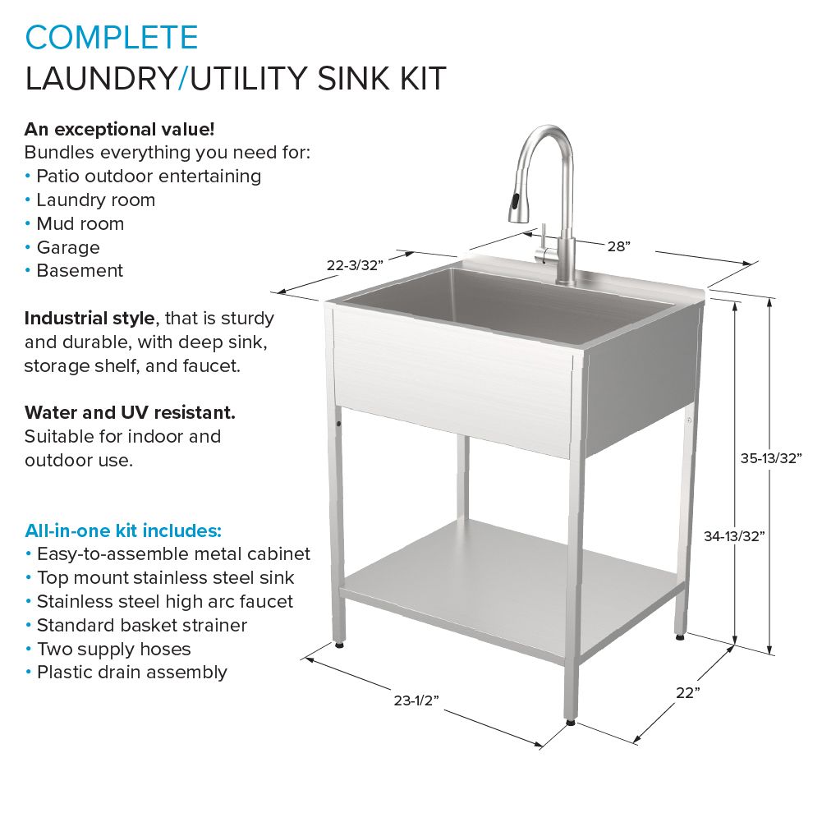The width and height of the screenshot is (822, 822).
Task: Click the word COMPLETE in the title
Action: pyautogui.click(x=112, y=37)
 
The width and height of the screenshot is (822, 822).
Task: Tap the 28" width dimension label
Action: pyautogui.click(x=618, y=246)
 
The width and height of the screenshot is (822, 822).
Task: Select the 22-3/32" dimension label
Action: pyautogui.click(x=355, y=265)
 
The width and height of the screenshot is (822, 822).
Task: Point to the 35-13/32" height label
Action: pyautogui.click(x=771, y=458)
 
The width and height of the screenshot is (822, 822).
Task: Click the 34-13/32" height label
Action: pyautogui.click(x=734, y=535)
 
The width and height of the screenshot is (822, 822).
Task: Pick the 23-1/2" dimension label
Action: pyautogui.click(x=416, y=700)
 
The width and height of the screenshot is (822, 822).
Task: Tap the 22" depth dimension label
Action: pyautogui.click(x=688, y=693)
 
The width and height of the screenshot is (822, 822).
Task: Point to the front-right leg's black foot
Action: pyautogui.click(x=571, y=723)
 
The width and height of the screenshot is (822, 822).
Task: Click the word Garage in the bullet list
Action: pyautogui.click(x=68, y=247)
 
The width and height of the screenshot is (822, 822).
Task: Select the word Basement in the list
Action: pyautogui.click(x=80, y=270)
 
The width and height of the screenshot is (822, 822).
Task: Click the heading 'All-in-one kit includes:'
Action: pyautogui.click(x=123, y=530)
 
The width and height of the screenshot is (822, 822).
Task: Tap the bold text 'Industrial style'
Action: pyautogui.click(x=90, y=319)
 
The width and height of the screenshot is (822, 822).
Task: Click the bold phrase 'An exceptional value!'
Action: pyautogui.click(x=120, y=129)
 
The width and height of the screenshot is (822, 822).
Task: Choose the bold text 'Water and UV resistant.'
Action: pyautogui.click(x=130, y=412)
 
